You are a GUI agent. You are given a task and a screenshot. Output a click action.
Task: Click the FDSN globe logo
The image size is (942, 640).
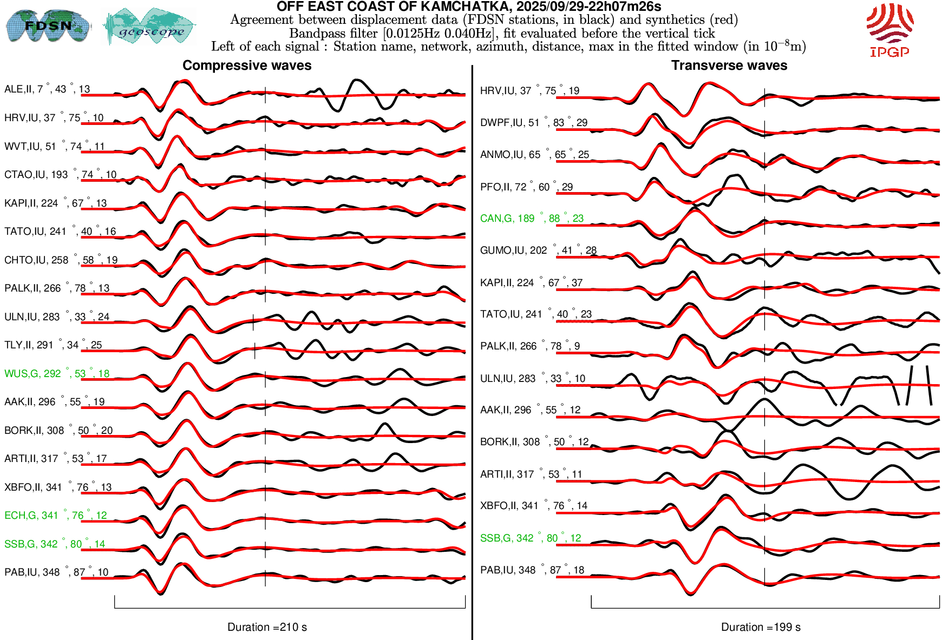point(48,25)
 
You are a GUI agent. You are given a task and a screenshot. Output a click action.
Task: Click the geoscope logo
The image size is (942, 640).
point(150,26)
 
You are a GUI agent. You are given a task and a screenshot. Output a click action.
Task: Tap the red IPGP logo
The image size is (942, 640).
point(889,30)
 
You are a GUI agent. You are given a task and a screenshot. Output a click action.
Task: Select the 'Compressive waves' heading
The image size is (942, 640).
point(247,65)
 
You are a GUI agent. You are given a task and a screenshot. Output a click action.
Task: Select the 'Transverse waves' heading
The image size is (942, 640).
point(729,65)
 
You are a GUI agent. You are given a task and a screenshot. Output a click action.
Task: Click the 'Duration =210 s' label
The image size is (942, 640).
point(267,627)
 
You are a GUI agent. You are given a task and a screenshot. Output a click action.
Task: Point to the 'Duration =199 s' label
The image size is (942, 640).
point(761,627)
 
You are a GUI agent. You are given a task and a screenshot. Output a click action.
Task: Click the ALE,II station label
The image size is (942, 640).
point(47,89)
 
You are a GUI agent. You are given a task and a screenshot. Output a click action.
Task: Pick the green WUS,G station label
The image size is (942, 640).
point(57,373)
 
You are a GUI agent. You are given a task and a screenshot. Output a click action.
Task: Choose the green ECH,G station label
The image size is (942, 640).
point(55,516)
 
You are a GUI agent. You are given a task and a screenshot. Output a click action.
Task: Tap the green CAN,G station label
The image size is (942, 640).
point(532,219)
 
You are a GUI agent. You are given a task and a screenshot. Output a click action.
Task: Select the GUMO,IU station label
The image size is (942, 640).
point(538,250)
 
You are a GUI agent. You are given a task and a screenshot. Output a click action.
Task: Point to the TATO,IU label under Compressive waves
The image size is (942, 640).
point(60,232)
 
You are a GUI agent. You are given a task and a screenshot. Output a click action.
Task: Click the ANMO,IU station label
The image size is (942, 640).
point(534,155)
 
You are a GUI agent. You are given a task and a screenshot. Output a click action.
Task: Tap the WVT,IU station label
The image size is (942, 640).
point(54,147)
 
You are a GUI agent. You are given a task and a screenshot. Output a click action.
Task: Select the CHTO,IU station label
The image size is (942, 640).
point(61,260)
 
